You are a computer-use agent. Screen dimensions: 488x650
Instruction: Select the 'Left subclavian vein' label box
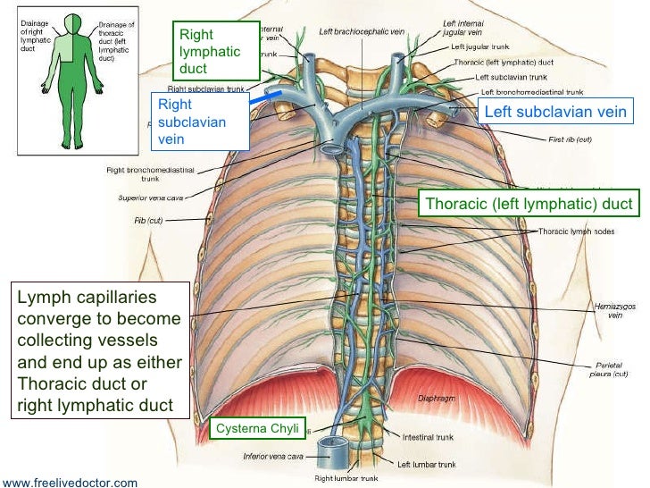click(x=554, y=112)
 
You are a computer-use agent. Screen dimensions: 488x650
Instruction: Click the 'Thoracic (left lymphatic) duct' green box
click(x=529, y=205)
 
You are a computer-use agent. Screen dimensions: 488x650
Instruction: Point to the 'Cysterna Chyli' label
click(x=257, y=429)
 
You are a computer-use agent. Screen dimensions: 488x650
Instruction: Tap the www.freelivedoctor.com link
click(x=70, y=483)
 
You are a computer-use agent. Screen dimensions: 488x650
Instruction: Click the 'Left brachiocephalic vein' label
click(x=362, y=31)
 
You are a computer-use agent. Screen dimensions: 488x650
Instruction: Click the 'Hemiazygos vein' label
click(x=614, y=309)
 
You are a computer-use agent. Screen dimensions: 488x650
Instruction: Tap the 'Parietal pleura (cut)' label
click(x=614, y=370)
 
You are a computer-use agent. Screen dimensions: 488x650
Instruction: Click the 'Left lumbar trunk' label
click(x=427, y=464)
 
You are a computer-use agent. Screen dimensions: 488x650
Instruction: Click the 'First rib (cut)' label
click(x=571, y=140)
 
